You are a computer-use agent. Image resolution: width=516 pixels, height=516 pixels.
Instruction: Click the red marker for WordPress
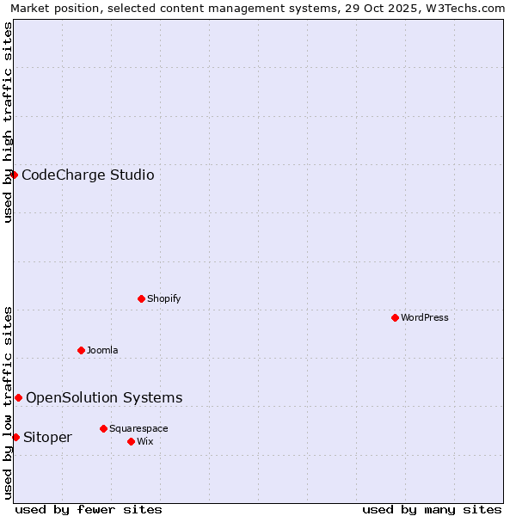395,317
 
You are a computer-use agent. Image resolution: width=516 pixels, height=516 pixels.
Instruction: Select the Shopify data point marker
141,298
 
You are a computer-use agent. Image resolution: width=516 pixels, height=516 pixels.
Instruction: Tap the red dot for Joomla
81,350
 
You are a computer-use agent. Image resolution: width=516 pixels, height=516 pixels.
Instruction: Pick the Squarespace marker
103,428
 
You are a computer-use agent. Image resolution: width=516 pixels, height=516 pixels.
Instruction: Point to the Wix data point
131,441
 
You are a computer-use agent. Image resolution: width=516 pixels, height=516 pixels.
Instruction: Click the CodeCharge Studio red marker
14,175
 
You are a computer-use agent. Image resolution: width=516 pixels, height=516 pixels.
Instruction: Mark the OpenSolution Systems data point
18,397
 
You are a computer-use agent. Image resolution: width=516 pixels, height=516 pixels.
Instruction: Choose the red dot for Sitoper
15,437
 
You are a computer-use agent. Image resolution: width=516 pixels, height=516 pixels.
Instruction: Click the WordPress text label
425,317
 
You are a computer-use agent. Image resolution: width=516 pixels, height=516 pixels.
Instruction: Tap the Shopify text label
164,298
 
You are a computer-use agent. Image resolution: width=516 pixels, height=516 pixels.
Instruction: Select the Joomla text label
102,350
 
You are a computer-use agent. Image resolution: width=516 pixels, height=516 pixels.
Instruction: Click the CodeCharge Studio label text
88,175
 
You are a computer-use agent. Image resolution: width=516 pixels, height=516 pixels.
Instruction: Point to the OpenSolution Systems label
104,397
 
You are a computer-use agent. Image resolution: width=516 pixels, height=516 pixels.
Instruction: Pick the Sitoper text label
47,438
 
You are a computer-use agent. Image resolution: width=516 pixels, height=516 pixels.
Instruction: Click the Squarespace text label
138,428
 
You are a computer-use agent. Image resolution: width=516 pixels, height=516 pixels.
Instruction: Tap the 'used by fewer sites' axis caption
89,509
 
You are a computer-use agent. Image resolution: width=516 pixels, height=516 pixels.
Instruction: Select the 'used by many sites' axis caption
432,509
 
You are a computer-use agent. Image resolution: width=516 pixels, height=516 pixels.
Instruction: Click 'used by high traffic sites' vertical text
8,122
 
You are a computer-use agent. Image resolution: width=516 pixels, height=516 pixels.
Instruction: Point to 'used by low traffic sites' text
8,402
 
